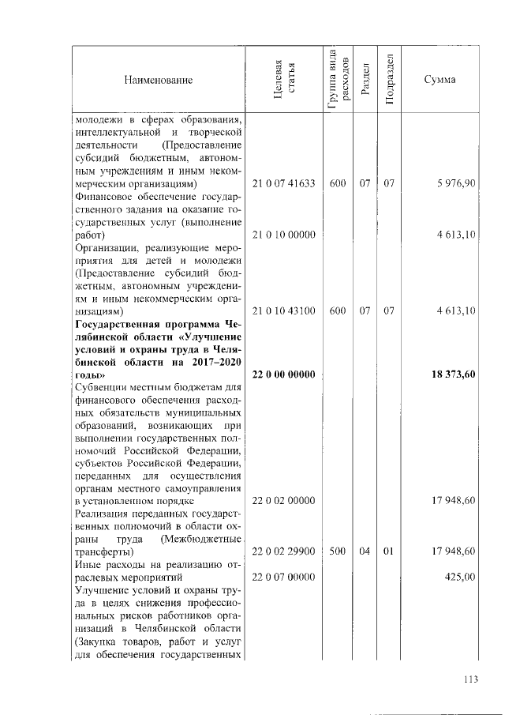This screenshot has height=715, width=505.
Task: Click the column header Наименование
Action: click(x=158, y=80)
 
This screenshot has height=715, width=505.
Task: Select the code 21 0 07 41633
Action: click(x=283, y=183)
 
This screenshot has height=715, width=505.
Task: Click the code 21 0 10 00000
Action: click(x=283, y=235)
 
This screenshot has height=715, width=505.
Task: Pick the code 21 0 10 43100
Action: click(x=283, y=311)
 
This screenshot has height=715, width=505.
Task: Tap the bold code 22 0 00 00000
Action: click(x=283, y=374)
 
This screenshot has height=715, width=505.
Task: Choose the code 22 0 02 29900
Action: click(x=283, y=551)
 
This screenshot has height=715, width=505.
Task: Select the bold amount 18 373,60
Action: click(x=453, y=374)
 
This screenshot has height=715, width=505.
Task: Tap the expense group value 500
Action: click(x=338, y=551)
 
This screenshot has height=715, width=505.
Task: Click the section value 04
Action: click(x=364, y=551)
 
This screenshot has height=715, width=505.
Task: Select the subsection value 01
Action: click(x=388, y=551)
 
